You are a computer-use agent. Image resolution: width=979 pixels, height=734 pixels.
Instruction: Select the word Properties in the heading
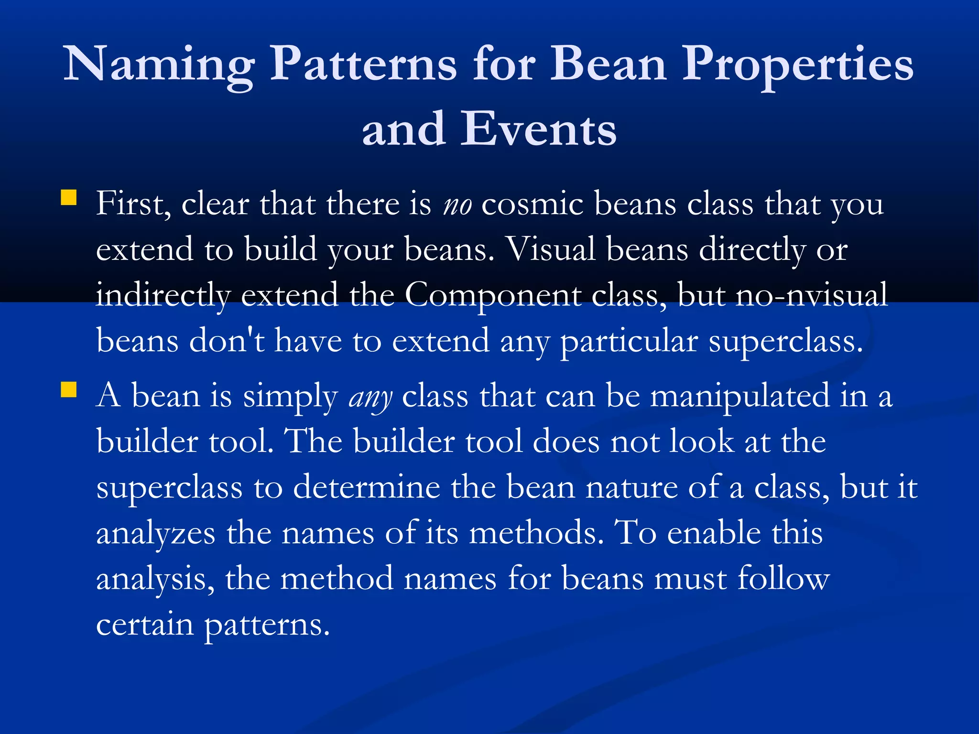[797, 65]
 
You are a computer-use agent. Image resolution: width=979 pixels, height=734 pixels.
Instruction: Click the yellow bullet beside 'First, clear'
[69, 197]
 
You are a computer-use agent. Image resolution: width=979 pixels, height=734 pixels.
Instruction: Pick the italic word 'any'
[370, 398]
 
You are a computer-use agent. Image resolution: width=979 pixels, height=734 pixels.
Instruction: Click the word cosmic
[532, 205]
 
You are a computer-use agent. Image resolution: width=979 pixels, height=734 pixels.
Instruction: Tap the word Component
[492, 296]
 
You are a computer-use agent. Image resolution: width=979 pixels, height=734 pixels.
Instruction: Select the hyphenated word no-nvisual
[811, 296]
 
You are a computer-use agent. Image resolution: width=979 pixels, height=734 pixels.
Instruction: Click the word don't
[227, 341]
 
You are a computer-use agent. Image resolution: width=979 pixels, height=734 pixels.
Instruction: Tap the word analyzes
[155, 534]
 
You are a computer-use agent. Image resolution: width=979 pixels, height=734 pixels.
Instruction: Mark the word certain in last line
[145, 625]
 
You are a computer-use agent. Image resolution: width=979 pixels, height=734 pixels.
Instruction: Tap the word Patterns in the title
[363, 65]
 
